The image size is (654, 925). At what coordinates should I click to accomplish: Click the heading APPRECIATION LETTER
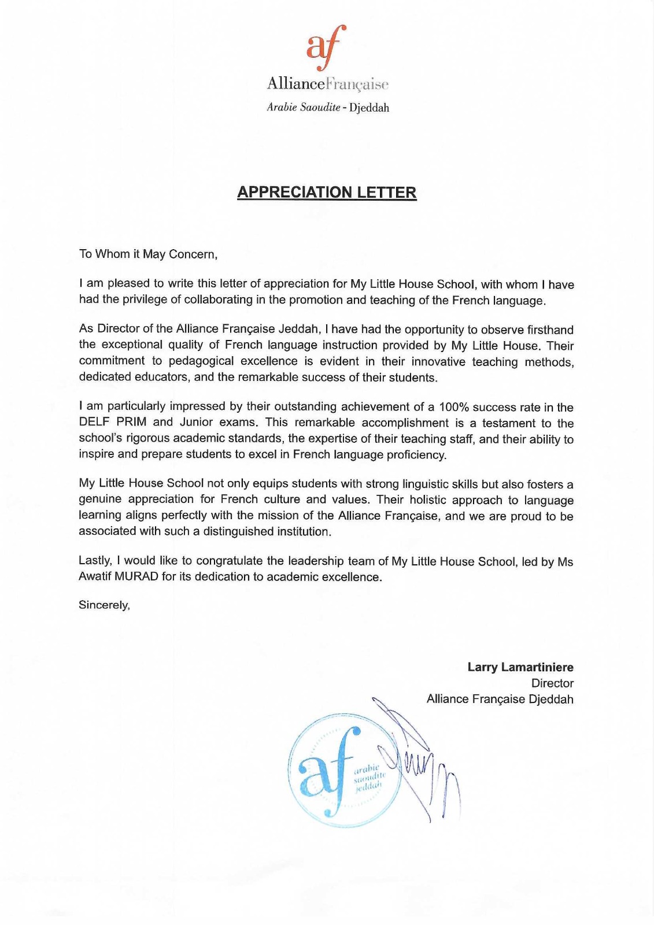click(327, 193)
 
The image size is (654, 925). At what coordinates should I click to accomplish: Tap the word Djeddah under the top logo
click(369, 108)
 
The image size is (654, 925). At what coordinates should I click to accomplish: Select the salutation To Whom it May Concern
click(148, 254)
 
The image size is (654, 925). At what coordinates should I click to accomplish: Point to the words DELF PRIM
click(113, 422)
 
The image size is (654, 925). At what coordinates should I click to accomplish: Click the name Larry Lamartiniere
click(520, 667)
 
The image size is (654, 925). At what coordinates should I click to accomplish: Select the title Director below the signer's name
click(552, 683)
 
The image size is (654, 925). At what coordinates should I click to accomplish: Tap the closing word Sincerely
click(104, 605)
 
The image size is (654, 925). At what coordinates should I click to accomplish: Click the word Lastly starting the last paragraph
click(95, 561)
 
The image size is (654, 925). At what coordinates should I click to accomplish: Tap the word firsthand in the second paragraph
click(550, 330)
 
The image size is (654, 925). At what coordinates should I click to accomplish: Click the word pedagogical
click(201, 361)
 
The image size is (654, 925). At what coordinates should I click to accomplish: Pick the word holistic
click(428, 499)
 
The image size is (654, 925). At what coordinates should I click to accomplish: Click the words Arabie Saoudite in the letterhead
click(303, 108)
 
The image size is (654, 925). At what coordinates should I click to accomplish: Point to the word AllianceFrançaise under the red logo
click(327, 84)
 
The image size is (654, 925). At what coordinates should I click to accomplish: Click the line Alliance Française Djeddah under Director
click(500, 699)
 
